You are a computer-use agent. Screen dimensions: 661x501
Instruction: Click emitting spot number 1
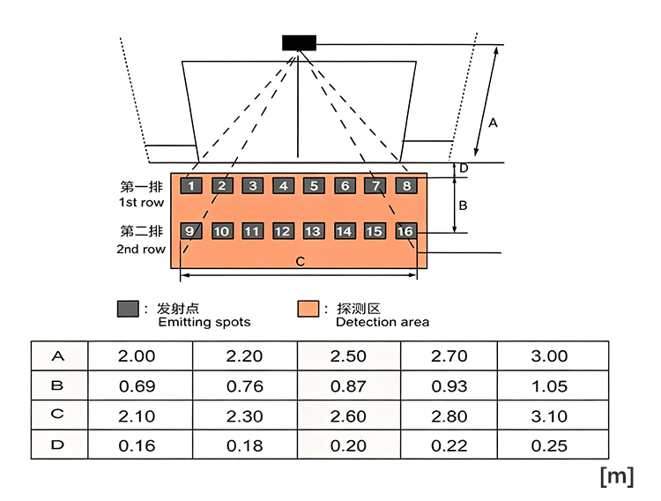[191, 186]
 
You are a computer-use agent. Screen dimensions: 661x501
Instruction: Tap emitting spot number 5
[314, 186]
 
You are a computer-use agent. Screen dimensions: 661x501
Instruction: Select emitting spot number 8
[406, 186]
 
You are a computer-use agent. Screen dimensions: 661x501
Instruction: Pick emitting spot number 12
[283, 231]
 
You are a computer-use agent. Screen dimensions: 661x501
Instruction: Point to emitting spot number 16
[406, 231]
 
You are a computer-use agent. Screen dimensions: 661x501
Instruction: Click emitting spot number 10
[222, 231]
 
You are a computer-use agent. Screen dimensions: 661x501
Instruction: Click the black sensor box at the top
[299, 43]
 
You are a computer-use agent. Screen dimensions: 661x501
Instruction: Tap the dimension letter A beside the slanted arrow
[493, 123]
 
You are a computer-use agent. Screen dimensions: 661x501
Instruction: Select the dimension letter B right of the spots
[463, 206]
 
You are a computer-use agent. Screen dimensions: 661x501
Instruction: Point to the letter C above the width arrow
[301, 262]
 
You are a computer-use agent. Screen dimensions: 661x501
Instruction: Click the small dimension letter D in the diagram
[464, 168]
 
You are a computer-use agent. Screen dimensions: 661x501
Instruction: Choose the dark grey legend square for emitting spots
[128, 309]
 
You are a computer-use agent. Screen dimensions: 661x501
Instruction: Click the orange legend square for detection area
[308, 309]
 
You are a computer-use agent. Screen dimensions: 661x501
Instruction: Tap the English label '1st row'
[141, 203]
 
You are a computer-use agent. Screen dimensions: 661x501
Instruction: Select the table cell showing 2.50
[349, 355]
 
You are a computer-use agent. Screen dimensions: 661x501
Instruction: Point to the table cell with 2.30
[245, 415]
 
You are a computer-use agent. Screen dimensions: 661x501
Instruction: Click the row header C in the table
[58, 415]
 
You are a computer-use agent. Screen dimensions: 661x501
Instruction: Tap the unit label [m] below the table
[617, 476]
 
